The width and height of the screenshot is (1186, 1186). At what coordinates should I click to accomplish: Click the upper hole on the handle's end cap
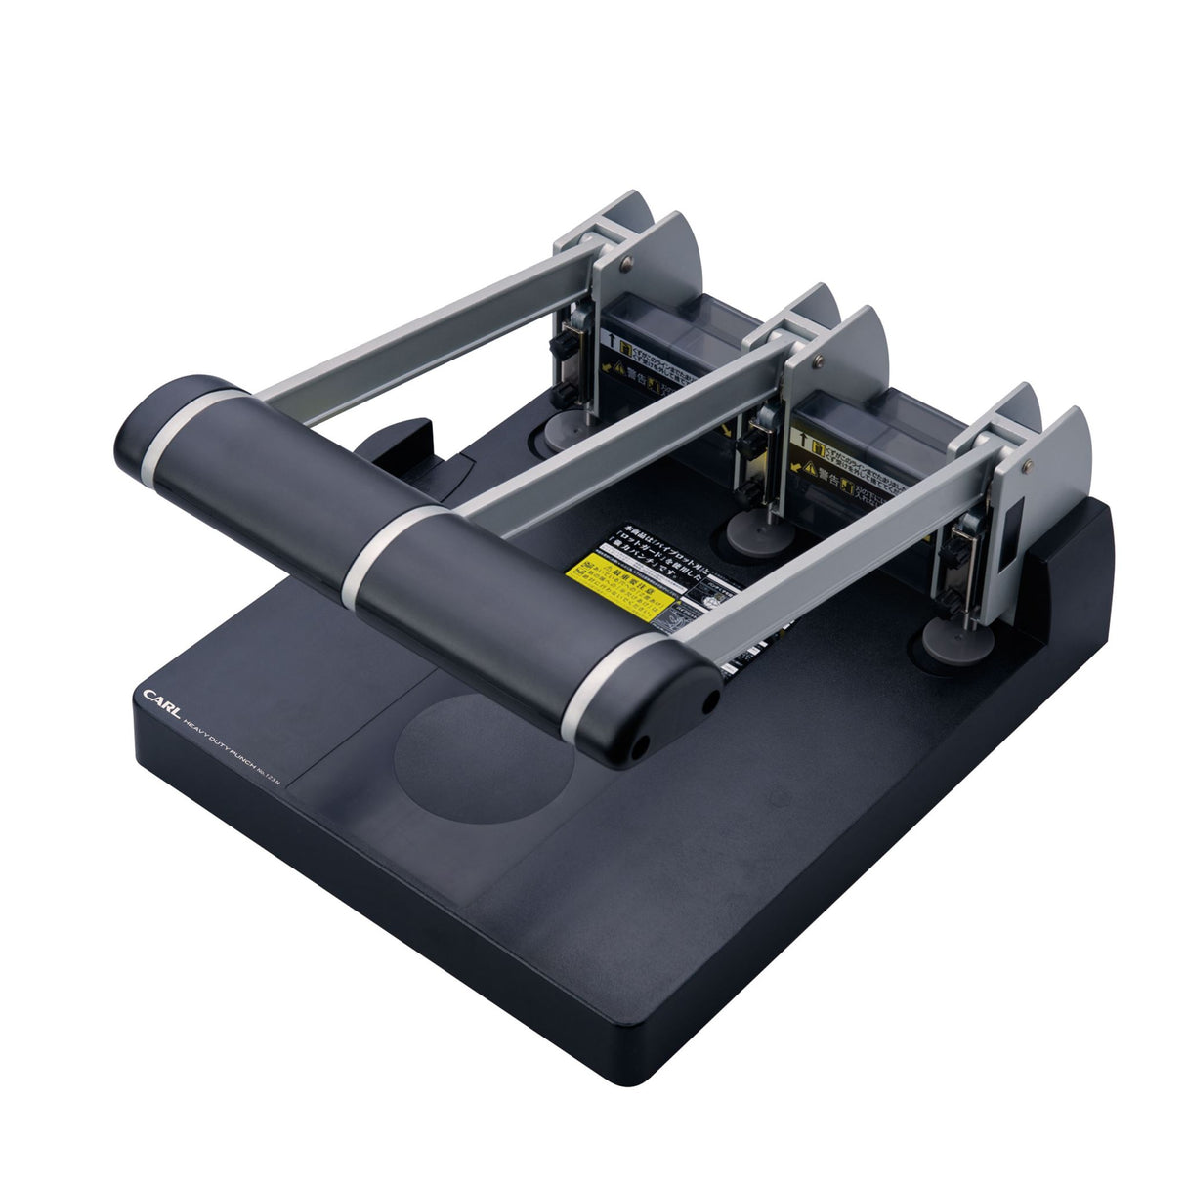click(x=710, y=700)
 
